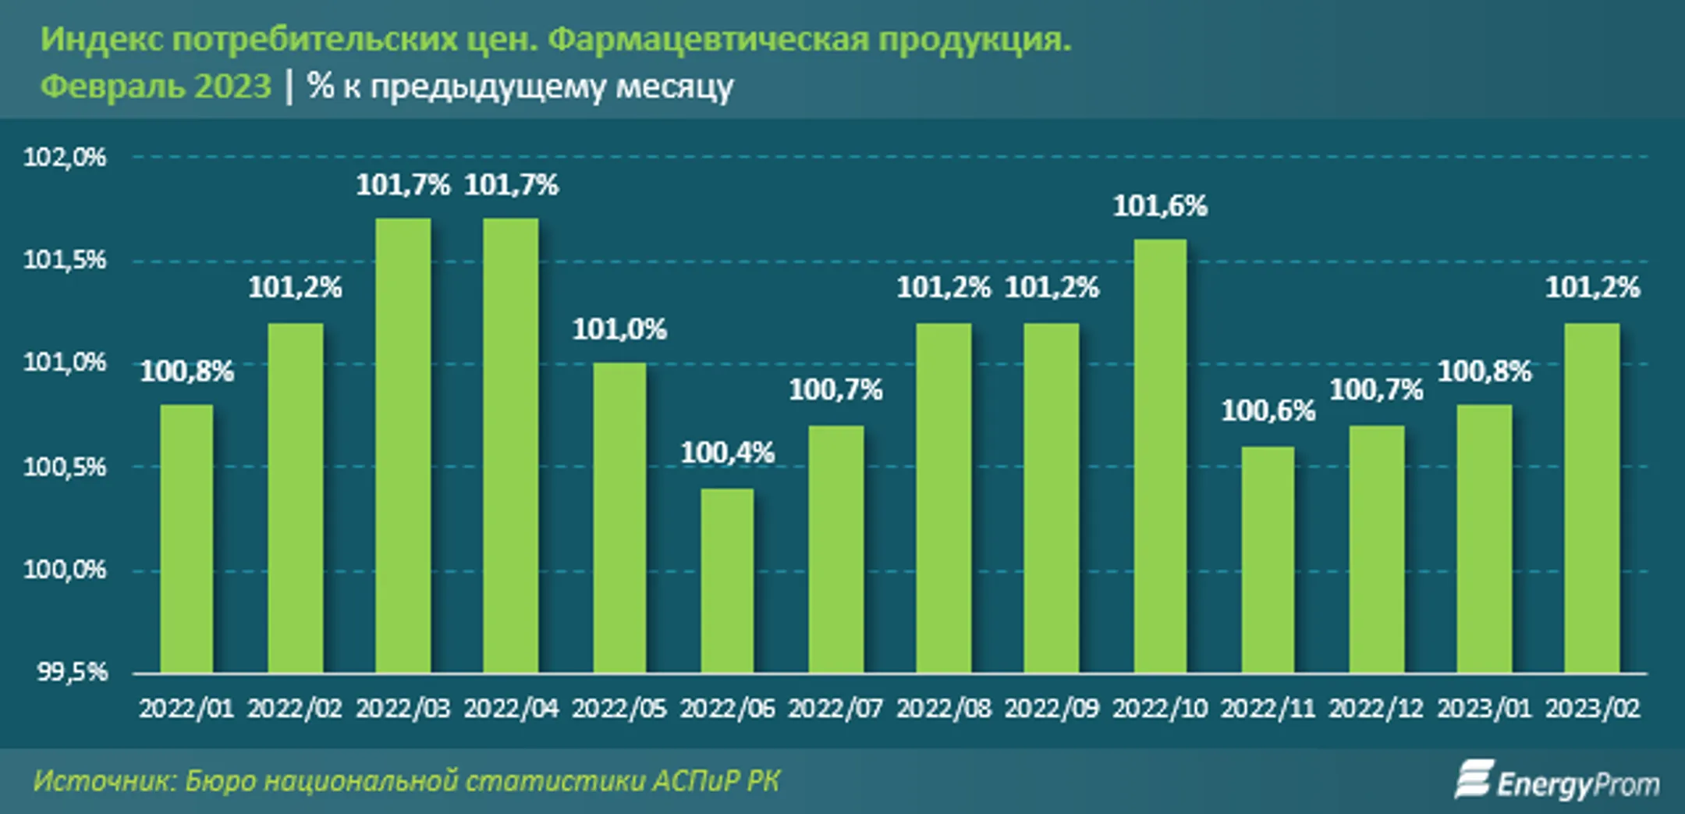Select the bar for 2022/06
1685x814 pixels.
click(727, 581)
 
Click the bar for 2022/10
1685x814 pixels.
click(1160, 456)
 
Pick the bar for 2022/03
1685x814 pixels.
click(403, 446)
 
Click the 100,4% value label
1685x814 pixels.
click(727, 453)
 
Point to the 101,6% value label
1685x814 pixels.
click(1160, 206)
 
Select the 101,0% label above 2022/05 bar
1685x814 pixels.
click(619, 329)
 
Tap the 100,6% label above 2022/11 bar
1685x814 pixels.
click(1268, 411)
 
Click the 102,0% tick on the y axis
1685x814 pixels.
click(64, 158)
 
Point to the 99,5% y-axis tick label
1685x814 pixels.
click(72, 672)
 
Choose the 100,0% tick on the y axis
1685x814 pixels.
click(64, 570)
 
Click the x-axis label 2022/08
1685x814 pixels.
click(943, 709)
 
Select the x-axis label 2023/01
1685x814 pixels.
click(1484, 709)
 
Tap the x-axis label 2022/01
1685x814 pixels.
click(186, 709)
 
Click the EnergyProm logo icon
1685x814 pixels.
click(1474, 780)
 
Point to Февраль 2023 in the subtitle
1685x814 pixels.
click(155, 86)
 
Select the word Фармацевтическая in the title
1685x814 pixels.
click(708, 39)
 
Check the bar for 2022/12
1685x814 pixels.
click(1376, 549)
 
